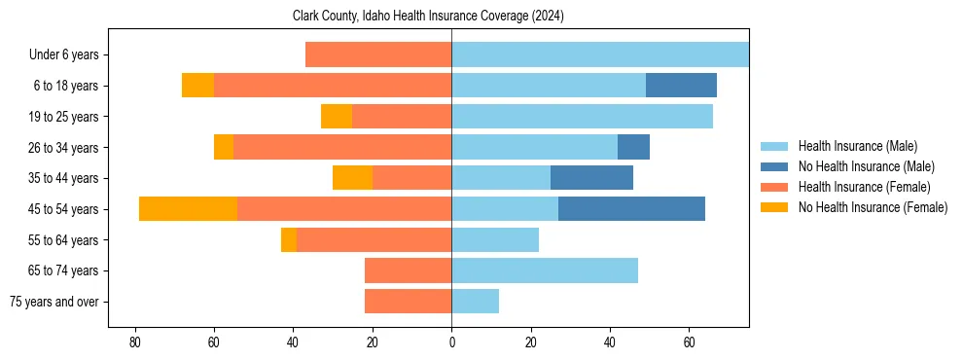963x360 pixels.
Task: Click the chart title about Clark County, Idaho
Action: [x=428, y=17]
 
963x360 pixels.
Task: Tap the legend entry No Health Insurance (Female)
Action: [x=873, y=207]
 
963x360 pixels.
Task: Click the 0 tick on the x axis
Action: [x=451, y=343]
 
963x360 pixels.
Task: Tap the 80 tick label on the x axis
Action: [x=135, y=343]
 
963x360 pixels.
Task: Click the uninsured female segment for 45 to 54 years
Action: [x=188, y=209]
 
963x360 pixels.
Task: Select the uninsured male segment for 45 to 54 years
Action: [x=631, y=209]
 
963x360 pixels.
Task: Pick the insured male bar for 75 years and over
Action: [x=475, y=302]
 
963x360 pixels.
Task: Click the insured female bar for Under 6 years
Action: [x=378, y=54]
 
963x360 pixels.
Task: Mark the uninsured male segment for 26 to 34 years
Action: [x=633, y=147]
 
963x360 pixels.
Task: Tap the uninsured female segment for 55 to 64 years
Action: [x=289, y=240]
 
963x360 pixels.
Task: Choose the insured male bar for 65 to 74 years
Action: [x=545, y=270]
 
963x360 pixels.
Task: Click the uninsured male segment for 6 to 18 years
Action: [x=681, y=86]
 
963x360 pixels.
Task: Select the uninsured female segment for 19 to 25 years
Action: [x=337, y=117]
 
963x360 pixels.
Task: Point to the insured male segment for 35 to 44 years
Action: [x=501, y=178]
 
